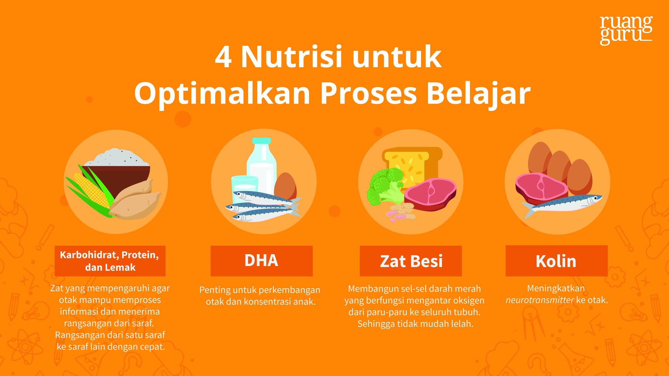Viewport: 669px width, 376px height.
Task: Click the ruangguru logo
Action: [x=626, y=30]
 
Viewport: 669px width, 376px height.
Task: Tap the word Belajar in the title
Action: [x=479, y=94]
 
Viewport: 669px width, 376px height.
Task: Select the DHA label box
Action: [x=261, y=261]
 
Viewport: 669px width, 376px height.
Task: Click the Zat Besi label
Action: [x=411, y=261]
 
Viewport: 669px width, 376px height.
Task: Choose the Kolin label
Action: [x=557, y=261]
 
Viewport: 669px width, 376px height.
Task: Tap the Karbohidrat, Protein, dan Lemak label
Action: [x=110, y=261]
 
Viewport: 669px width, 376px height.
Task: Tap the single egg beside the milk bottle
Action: [x=285, y=186]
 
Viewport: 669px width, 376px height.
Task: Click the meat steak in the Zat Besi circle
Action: [x=430, y=194]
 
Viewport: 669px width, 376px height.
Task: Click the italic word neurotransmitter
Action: [x=540, y=300]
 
